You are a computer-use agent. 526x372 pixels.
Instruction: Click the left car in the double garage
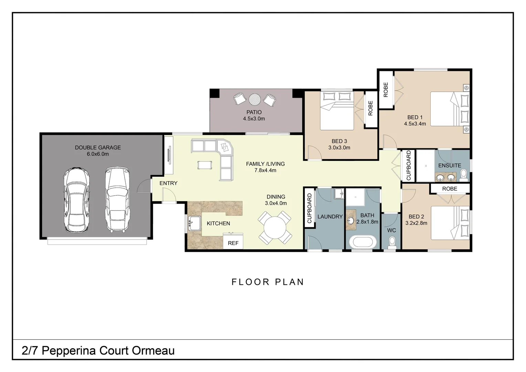[x=76, y=200]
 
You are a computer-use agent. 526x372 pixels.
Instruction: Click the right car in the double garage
[x=117, y=199]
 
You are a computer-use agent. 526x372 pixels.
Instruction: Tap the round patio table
[x=255, y=100]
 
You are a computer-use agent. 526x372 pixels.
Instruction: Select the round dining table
[x=275, y=228]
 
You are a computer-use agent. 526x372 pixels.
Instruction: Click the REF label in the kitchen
[x=233, y=243]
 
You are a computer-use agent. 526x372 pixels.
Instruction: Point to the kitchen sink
[x=194, y=223]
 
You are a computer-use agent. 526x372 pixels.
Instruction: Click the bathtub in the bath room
[x=362, y=242]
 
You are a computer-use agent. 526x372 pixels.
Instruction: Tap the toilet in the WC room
[x=391, y=243]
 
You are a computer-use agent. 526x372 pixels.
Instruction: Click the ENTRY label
[x=168, y=183]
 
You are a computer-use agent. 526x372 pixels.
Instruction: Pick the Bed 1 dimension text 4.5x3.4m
[x=415, y=124]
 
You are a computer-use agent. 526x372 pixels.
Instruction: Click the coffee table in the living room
[x=204, y=165]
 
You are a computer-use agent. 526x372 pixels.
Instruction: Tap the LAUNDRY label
[x=330, y=217]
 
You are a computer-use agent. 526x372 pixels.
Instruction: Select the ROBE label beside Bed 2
[x=450, y=189]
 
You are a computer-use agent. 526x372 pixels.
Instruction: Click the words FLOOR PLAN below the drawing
[x=267, y=282]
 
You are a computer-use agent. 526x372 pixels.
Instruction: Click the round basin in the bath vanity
[x=351, y=220]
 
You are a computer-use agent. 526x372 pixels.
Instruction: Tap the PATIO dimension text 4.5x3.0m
[x=254, y=119]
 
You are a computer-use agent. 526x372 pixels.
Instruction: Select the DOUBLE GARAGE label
[x=98, y=147]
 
